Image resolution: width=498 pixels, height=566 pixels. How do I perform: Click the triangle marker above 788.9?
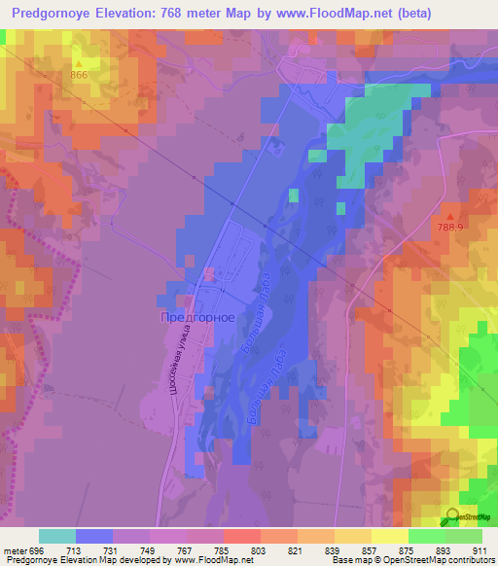pyautogui.click(x=449, y=216)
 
